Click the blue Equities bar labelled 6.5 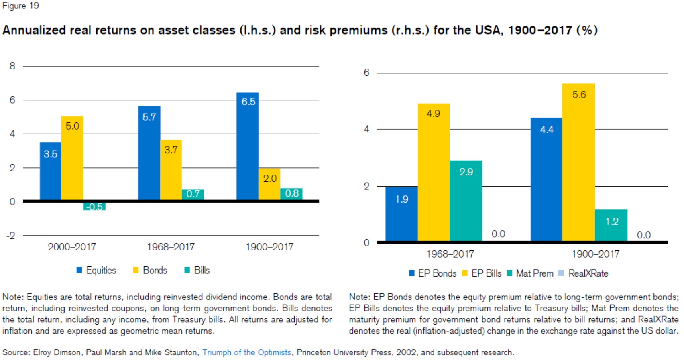247,146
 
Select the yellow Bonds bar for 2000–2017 72,158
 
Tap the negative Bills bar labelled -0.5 94,206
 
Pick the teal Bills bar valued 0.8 291,194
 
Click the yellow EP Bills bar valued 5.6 578,163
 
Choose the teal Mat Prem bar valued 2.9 466,201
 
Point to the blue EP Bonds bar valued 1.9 401,214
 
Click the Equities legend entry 96,271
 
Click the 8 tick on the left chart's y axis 12,66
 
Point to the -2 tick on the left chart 11,236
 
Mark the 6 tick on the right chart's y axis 366,73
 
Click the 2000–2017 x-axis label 72,247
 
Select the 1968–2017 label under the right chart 450,254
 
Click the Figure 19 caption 20,6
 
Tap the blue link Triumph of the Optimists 246,352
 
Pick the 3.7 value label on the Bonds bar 171,150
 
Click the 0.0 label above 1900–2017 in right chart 643,235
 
